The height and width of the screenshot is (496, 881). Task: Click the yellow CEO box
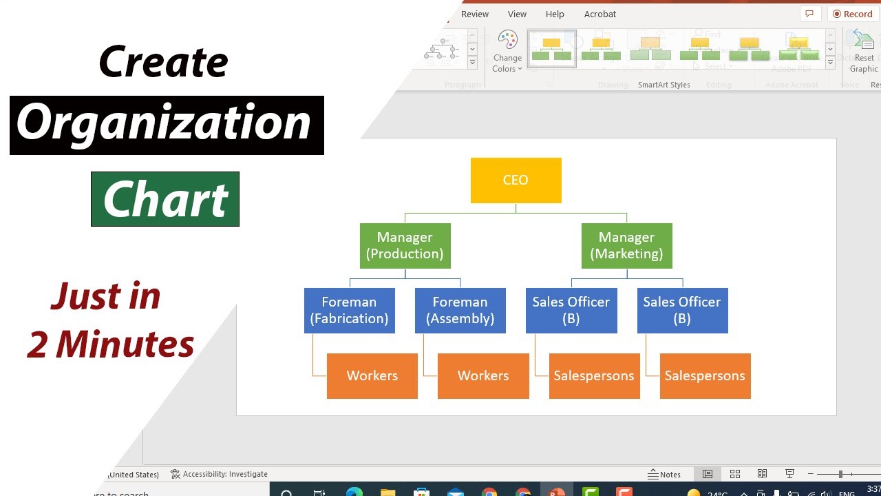coord(516,180)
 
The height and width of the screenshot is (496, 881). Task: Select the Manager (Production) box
coord(405,246)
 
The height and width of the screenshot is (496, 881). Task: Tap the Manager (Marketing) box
coord(626,246)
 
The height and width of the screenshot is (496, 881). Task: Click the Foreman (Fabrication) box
coord(349,311)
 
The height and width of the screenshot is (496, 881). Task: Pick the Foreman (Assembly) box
coord(460,311)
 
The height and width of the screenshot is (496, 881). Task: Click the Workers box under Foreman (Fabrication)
coord(372,376)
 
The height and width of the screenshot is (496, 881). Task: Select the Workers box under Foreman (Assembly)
coord(483,376)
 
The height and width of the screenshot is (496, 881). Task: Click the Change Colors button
coord(507,51)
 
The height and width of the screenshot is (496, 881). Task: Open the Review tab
coord(475,14)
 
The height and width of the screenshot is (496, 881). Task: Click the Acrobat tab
coord(600,14)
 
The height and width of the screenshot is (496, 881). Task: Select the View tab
coord(517,14)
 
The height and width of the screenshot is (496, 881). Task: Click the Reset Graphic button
coord(864,51)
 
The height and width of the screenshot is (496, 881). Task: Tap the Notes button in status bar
coord(664,475)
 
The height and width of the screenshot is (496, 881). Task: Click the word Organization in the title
coord(165,124)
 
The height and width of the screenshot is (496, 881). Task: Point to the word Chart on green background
coord(165,200)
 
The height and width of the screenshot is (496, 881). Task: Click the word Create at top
coord(164,62)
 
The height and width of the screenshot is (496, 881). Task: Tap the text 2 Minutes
coord(110,344)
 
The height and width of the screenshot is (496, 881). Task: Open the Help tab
coord(555,14)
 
